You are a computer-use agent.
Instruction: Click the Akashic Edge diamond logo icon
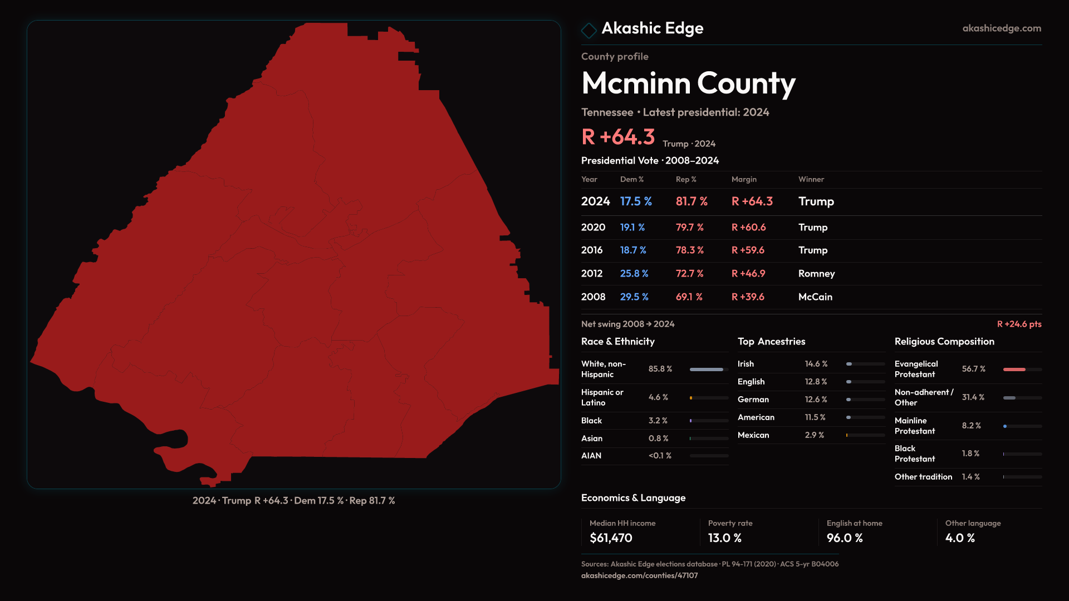tap(589, 30)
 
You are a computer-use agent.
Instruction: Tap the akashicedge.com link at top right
tap(1001, 28)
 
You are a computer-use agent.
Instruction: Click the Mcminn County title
tap(688, 83)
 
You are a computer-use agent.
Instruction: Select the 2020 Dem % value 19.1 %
tap(632, 228)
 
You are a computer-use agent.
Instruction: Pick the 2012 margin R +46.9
tap(748, 274)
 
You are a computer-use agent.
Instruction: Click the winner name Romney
tap(816, 274)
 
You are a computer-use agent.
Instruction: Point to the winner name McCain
tap(815, 297)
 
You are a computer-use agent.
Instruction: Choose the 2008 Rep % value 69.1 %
tap(689, 297)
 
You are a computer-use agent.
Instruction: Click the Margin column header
tap(744, 180)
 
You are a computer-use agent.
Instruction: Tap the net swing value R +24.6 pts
tap(1019, 324)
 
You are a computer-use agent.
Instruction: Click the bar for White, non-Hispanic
tap(707, 370)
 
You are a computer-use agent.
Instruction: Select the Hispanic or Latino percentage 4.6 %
tap(658, 397)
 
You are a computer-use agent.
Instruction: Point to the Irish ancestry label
tap(746, 364)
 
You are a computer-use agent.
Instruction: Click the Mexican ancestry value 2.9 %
tap(814, 435)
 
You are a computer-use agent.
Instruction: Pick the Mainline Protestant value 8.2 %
tap(971, 426)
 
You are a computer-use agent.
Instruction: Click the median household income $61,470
tap(611, 538)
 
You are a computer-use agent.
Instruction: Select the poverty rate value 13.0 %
tap(724, 538)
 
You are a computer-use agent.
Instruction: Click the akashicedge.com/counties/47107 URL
tap(639, 576)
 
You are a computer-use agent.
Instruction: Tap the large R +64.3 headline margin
tap(618, 137)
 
